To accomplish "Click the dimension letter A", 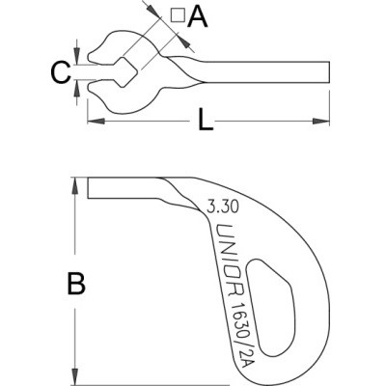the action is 198,16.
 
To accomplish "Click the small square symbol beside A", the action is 178,15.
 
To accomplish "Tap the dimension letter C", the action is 61,72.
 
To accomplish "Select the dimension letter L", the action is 205,120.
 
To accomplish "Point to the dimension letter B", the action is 76,284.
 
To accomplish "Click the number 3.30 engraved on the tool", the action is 223,207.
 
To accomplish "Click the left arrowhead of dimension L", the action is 96,122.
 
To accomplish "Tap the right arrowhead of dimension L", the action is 321,122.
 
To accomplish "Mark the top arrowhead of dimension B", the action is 75,186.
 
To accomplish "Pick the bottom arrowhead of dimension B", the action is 75,376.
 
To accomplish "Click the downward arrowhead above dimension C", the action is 76,56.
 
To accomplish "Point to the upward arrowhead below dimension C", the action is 76,88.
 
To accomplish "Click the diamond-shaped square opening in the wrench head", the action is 126,72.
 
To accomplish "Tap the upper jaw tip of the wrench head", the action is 89,57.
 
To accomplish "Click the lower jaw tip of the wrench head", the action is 89,87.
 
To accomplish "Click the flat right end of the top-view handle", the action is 329,71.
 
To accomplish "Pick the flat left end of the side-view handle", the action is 88,188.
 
